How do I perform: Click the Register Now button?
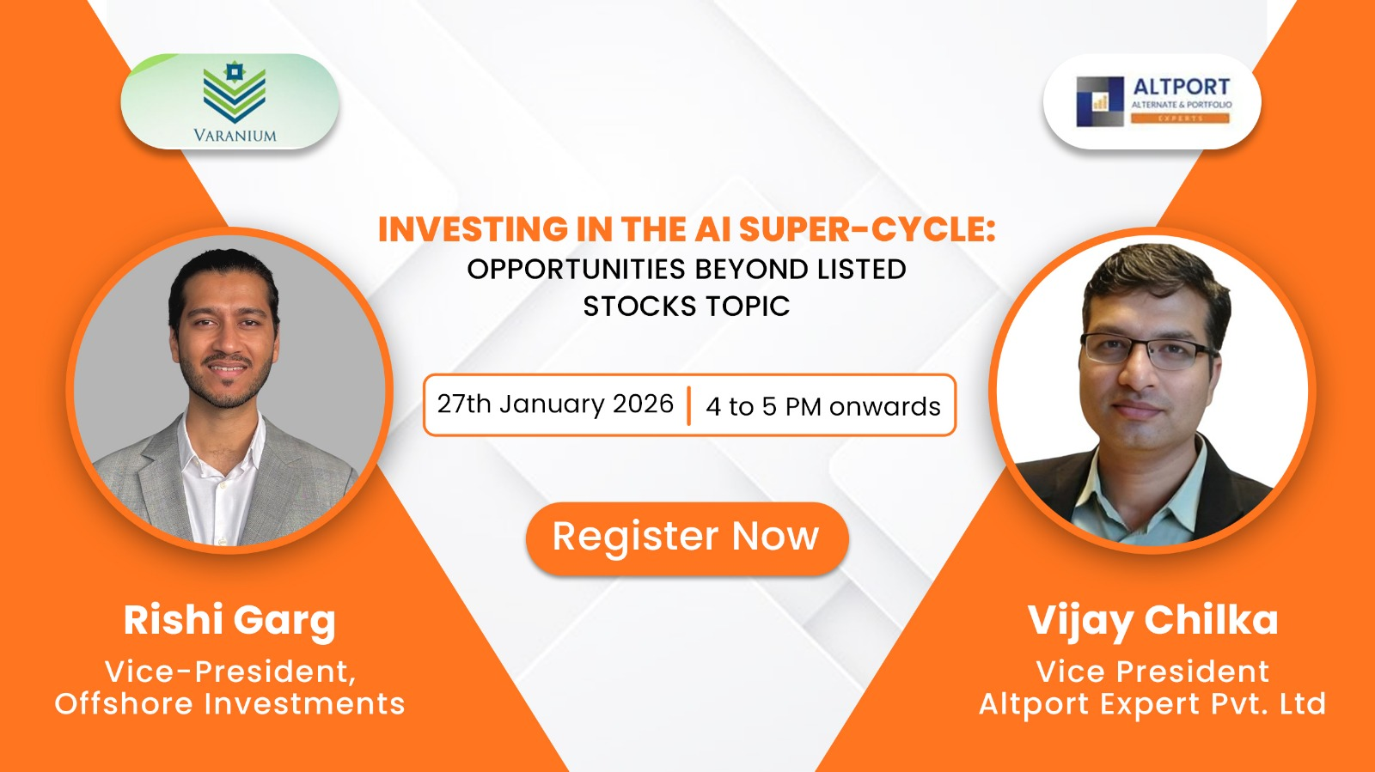tap(686, 538)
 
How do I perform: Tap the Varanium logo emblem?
tap(234, 92)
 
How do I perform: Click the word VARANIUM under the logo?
tap(235, 135)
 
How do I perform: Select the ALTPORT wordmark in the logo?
tap(1181, 87)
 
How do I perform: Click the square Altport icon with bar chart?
tap(1100, 101)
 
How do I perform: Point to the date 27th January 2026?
tap(555, 404)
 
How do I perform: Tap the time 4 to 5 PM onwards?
tap(822, 406)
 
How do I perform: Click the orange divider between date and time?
tap(688, 405)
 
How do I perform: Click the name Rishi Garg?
tap(229, 620)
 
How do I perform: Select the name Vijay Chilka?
tap(1152, 620)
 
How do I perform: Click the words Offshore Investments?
tap(229, 703)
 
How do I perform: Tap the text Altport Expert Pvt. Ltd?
tap(1152, 703)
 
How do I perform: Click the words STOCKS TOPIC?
tap(686, 307)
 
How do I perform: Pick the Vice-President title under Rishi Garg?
tap(229, 671)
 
